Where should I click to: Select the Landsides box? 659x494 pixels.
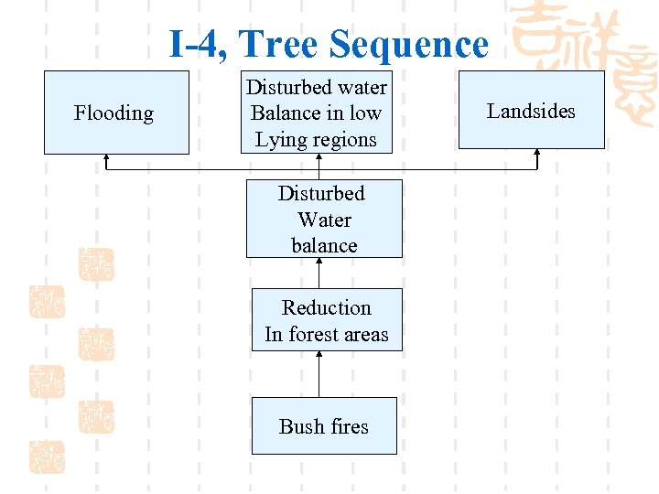(531, 110)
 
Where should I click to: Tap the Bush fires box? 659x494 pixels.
(324, 426)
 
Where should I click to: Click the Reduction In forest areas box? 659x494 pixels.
(327, 320)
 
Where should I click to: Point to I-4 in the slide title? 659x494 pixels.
(198, 44)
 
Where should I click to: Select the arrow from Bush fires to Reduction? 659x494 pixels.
(319, 375)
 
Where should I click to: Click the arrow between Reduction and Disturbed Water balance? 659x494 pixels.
(319, 273)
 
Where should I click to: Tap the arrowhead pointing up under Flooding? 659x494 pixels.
(107, 159)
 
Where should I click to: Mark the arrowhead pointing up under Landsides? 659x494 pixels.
(537, 156)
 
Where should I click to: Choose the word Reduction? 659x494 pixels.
(327, 307)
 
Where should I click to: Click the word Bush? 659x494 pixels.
(301, 426)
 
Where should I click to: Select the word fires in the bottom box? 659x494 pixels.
(349, 426)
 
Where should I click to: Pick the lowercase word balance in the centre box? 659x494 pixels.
(324, 245)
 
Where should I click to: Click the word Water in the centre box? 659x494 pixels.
(324, 220)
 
